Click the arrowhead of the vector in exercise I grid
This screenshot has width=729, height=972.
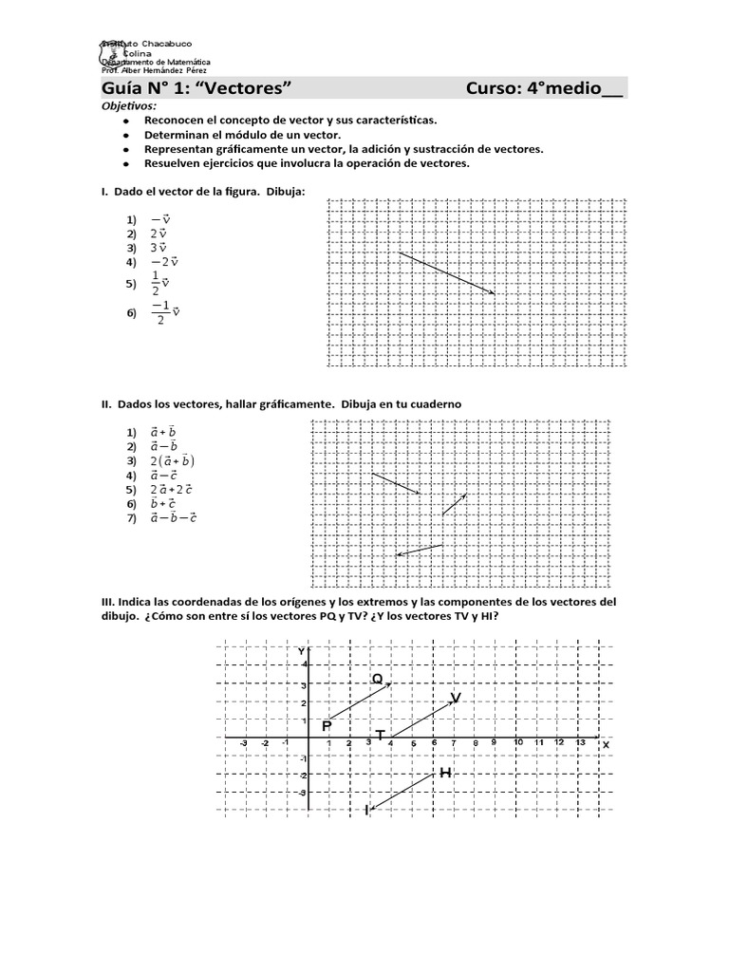click(x=491, y=291)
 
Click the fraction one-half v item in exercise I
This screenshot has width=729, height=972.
click(x=159, y=282)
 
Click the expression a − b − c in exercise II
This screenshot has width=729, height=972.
click(x=173, y=517)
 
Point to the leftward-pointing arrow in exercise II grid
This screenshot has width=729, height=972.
click(x=419, y=550)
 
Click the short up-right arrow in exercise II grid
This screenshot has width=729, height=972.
click(x=455, y=504)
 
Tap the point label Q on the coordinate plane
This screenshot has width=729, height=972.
click(x=377, y=679)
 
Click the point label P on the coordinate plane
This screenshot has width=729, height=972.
click(x=327, y=725)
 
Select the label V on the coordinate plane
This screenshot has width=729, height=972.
click(x=456, y=698)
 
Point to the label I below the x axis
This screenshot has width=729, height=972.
click(x=366, y=810)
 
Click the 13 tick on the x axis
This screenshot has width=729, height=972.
click(x=580, y=742)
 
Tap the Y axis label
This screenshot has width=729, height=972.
click(x=301, y=651)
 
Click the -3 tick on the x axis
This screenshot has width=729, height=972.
click(x=244, y=743)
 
